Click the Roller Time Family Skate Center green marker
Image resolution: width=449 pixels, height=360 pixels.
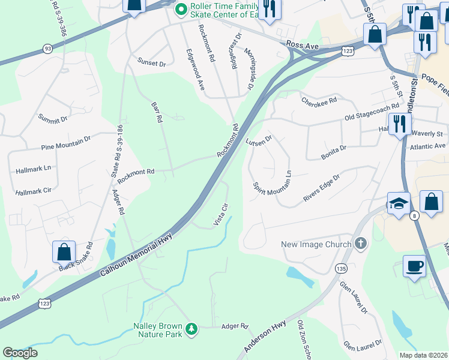pos(181,10)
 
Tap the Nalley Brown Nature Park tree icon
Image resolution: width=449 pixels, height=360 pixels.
pos(191,328)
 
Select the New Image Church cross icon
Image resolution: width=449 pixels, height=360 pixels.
pos(360,244)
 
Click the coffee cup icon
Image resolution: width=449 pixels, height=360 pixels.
pos(414,265)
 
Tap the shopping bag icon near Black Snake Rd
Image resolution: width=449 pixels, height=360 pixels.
pos(64,252)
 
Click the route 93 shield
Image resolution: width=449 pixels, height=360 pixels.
pos(47,48)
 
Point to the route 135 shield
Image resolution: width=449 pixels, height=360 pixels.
pos(341,268)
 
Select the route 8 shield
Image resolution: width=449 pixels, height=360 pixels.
pos(414,217)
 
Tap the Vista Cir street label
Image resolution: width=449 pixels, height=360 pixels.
pos(221,214)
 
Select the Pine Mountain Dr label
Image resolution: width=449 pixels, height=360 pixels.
pos(65,142)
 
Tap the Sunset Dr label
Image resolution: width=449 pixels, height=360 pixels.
pos(151,62)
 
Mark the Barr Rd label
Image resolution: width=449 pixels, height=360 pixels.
pos(156,111)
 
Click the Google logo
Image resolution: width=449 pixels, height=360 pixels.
pos(20,353)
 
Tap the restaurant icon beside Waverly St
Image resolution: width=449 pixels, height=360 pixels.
pos(399,124)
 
